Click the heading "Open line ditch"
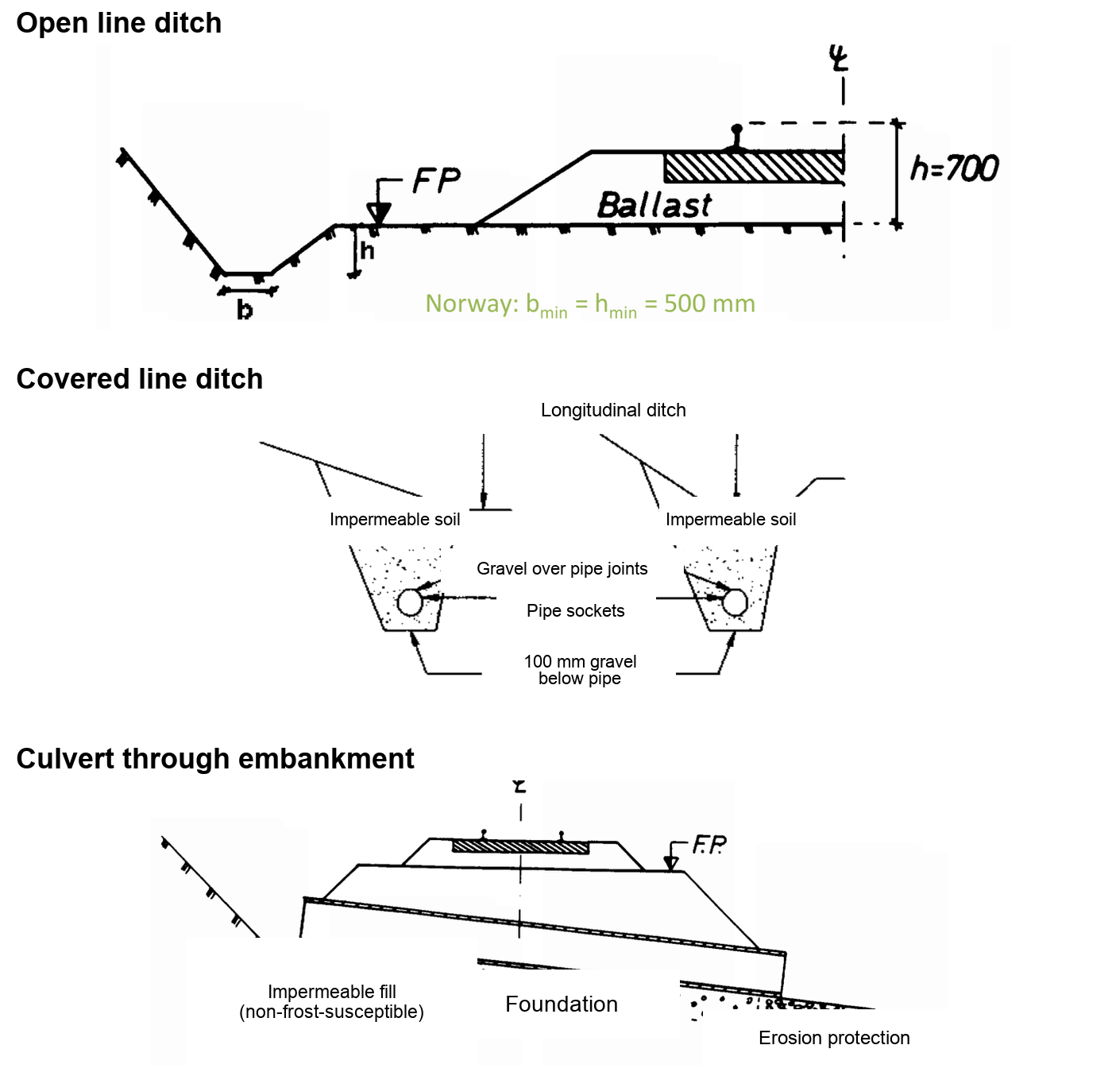click(119, 23)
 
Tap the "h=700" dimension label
click(954, 168)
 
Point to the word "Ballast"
click(654, 205)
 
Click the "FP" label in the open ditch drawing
click(436, 180)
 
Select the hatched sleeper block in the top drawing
click(754, 167)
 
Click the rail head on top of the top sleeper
click(736, 130)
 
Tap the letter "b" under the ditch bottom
click(245, 310)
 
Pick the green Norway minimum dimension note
click(589, 304)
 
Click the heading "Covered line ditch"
click(140, 378)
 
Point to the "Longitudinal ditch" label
click(612, 410)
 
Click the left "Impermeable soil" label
click(394, 519)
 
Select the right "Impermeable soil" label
click(730, 519)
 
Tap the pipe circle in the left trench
click(410, 602)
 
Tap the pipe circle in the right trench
click(735, 602)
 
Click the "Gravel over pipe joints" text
click(562, 568)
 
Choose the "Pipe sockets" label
click(575, 610)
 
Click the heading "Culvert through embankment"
click(215, 758)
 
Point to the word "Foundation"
click(561, 1004)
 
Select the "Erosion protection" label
click(834, 1038)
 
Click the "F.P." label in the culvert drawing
click(709, 845)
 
